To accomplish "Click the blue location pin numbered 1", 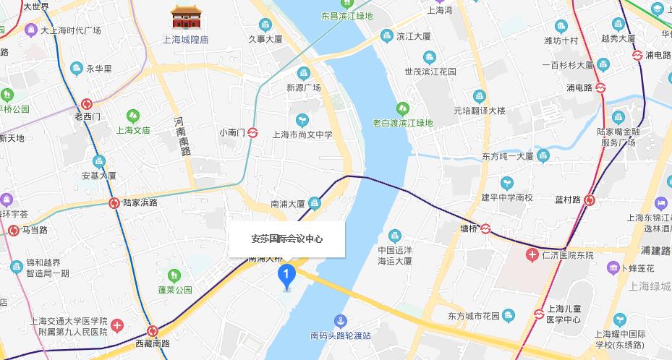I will point(287,275).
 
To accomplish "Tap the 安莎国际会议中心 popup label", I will point(287,239).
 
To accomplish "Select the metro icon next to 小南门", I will point(253,133).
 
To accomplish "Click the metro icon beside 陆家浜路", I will point(114,203).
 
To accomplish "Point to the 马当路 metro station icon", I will point(14,231).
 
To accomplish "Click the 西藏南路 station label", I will point(152,343).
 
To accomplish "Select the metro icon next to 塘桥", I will point(487,229).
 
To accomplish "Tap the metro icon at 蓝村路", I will point(590,200).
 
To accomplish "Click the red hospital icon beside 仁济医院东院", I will point(532,255).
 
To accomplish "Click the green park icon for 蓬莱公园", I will point(174,275).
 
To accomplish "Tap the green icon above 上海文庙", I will point(132,116).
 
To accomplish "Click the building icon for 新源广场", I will point(303,72).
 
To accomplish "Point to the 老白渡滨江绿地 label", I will point(402,123).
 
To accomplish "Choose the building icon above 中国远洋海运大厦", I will point(394,235).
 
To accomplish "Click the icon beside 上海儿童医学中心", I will point(539,314).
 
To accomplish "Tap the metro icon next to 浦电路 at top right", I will point(637,55).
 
